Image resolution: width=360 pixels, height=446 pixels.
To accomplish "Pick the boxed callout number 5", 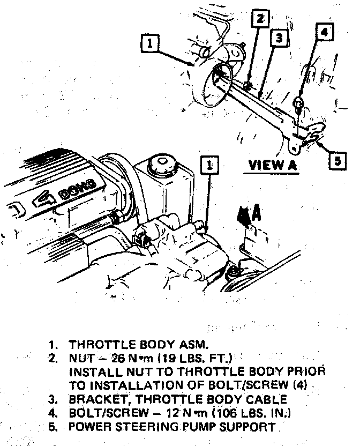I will pos(336,161).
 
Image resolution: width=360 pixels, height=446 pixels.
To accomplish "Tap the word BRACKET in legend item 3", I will pos(96,400).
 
